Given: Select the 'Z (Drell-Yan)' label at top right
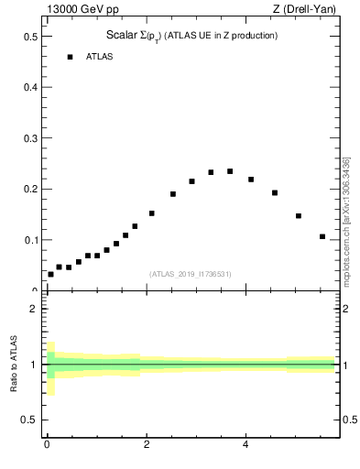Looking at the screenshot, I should [x=309, y=9].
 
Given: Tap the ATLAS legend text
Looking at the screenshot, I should [x=100, y=57].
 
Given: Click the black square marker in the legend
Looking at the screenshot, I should [x=70, y=57].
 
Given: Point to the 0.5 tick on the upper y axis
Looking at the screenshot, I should [x=30, y=37].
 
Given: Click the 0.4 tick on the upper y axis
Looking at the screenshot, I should [x=30, y=88].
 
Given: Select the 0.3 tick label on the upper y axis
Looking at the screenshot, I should [x=30, y=138].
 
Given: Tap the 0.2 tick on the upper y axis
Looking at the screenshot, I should [x=30, y=190].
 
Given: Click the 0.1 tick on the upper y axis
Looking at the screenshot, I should [x=30, y=240].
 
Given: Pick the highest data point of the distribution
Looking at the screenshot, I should [x=230, y=171].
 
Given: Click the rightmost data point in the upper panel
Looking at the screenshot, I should [x=322, y=236].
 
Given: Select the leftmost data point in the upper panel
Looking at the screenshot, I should [x=50, y=274].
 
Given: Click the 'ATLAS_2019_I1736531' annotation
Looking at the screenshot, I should [x=191, y=274].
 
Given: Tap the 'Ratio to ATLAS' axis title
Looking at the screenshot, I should [x=14, y=364].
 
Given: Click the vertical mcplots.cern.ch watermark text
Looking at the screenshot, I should [x=346, y=219].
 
